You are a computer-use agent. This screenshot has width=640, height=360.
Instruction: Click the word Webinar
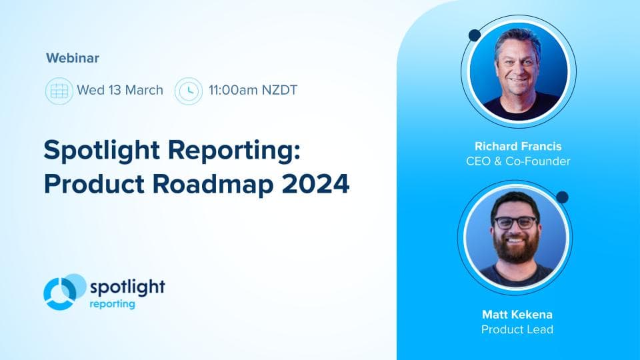coord(73,58)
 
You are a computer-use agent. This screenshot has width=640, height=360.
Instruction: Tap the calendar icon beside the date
coord(59,90)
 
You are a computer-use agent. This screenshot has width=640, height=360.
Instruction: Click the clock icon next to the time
coord(188,90)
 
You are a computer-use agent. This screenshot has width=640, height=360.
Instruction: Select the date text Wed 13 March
coord(120,90)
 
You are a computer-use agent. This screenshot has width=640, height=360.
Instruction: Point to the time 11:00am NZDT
coord(253,90)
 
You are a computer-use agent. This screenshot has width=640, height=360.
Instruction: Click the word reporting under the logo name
coord(112,304)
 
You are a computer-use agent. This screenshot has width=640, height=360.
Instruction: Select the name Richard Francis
coord(519,146)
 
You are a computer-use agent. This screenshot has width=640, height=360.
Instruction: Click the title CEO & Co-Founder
coord(519,161)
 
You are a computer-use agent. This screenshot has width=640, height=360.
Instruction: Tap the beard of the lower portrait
coord(515,249)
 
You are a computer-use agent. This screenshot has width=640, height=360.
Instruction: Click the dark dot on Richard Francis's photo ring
coord(475,35)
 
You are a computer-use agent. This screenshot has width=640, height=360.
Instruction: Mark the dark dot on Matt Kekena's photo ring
coord(562,197)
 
